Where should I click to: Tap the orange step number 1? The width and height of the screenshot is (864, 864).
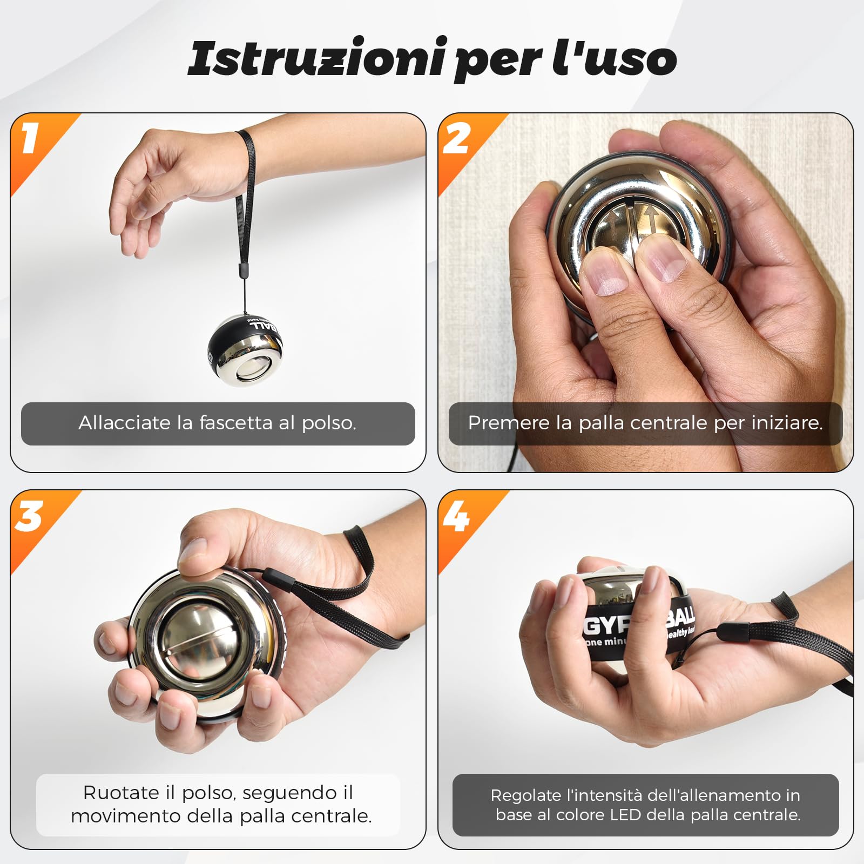click(30, 138)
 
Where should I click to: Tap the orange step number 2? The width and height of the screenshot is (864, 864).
click(456, 138)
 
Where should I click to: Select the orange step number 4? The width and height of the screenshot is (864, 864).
click(456, 516)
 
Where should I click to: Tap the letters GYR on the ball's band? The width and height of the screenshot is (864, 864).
click(607, 626)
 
